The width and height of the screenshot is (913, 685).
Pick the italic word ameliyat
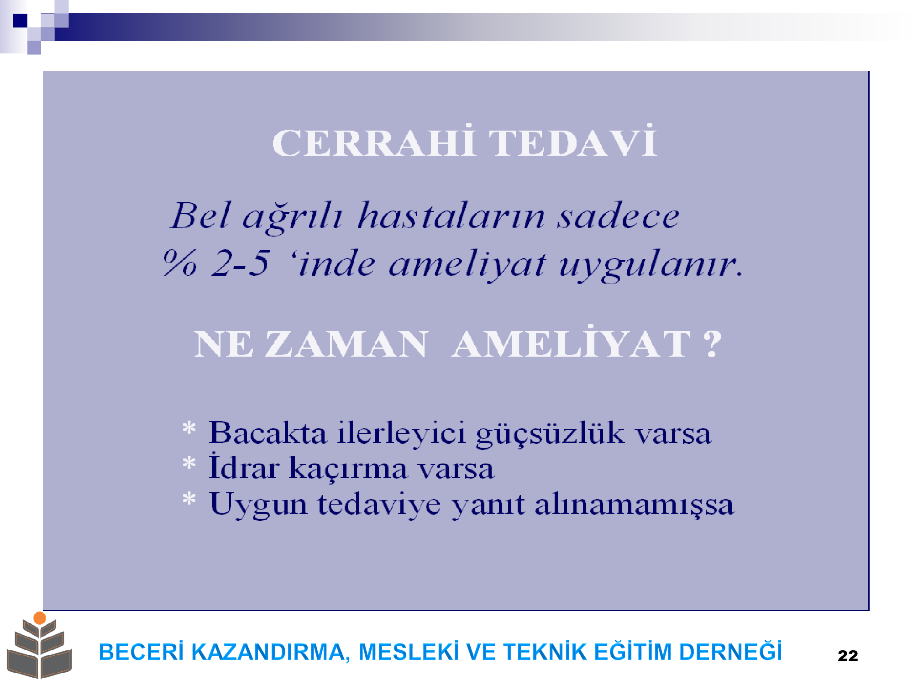[467, 265]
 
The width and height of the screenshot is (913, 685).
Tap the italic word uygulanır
[651, 265]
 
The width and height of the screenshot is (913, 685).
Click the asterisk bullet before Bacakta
[189, 429]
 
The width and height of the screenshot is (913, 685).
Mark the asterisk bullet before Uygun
[189, 499]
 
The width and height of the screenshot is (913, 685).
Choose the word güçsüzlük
[550, 433]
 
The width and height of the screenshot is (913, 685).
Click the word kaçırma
[348, 469]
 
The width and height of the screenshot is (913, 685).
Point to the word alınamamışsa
[634, 505]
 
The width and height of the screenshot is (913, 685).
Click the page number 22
[848, 656]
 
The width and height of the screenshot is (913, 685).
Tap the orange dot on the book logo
[40, 618]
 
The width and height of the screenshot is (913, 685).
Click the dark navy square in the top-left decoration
[20, 21]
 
